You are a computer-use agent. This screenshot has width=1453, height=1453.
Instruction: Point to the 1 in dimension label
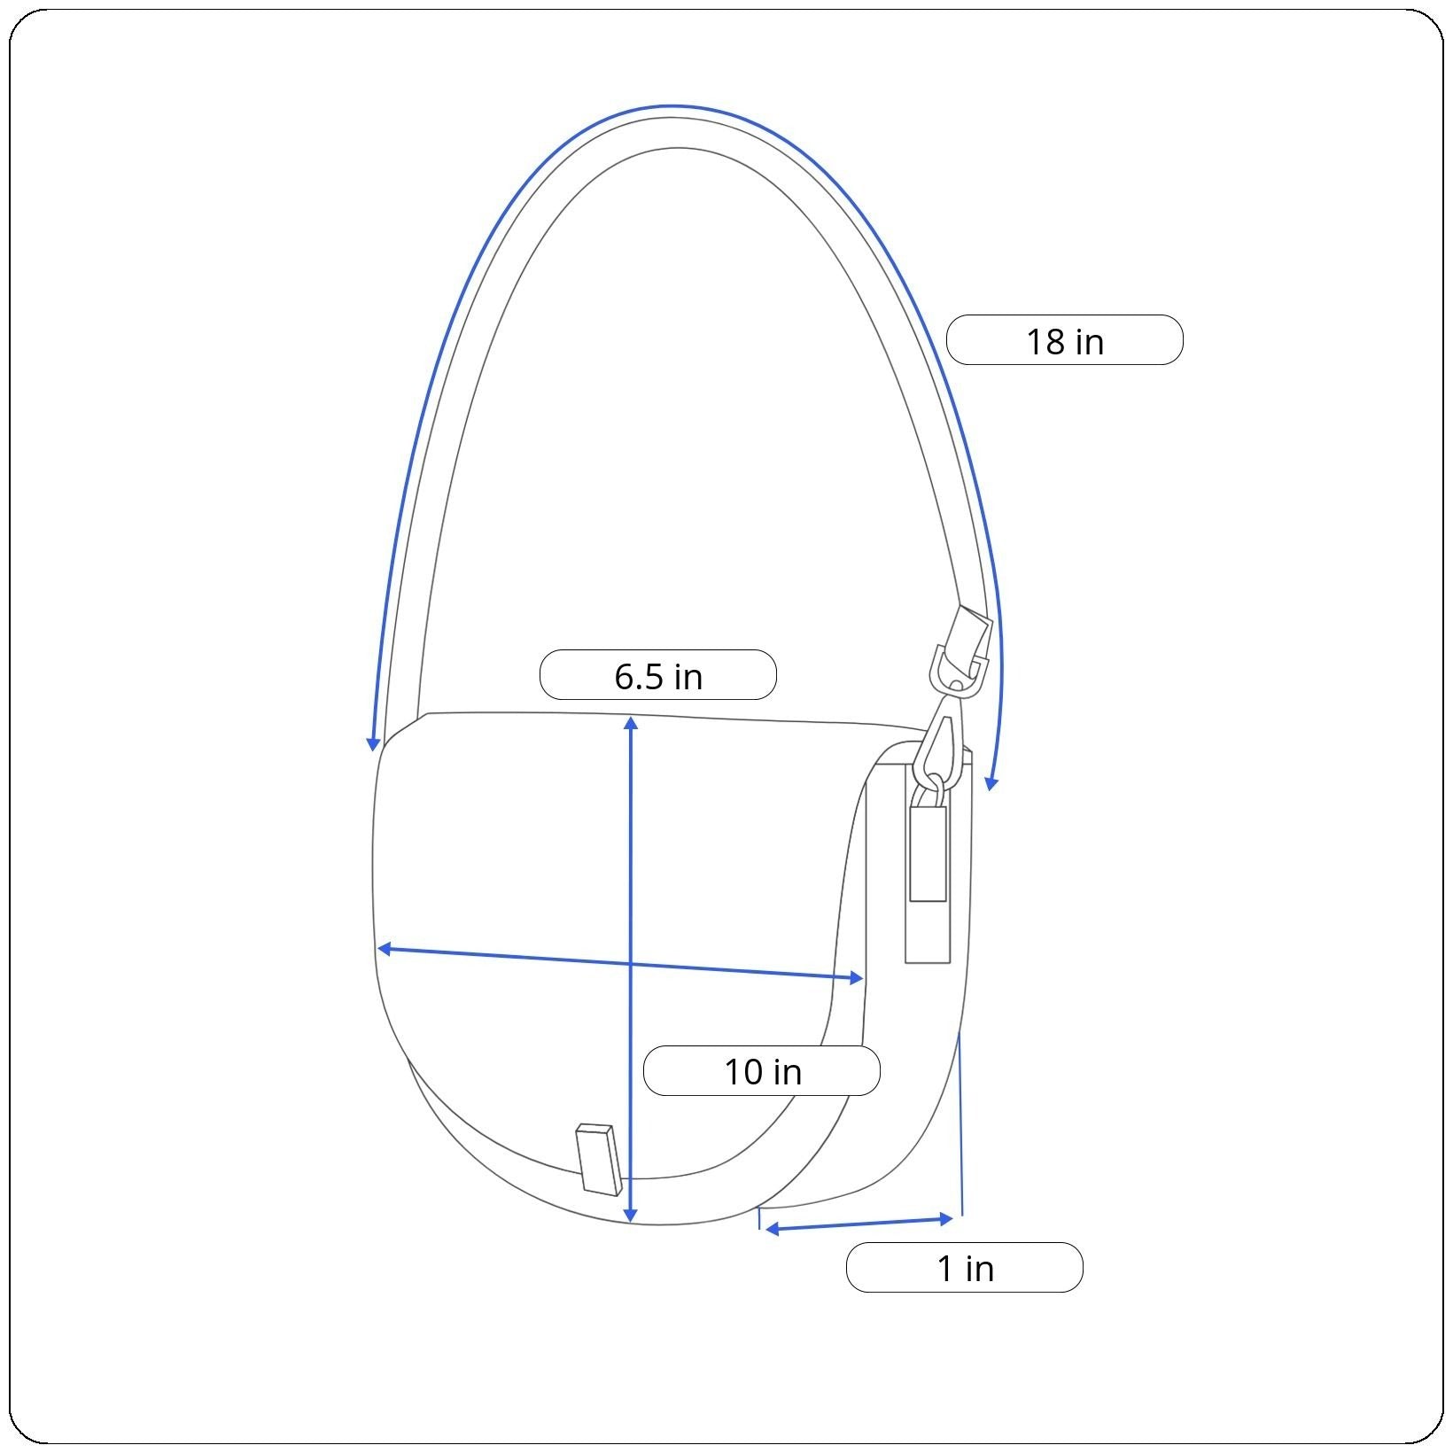(965, 1268)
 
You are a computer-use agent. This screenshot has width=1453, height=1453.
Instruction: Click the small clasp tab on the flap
(600, 1160)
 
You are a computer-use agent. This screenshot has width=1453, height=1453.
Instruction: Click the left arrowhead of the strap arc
(374, 743)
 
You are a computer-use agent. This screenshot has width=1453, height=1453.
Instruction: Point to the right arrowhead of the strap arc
(991, 782)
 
